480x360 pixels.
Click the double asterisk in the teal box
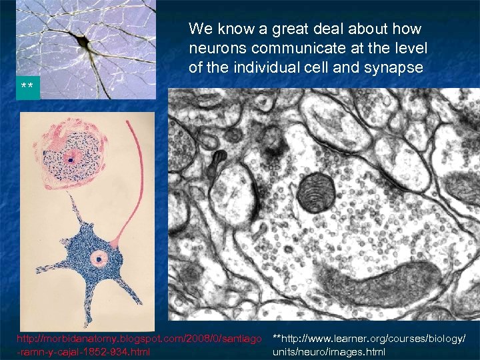click(27, 88)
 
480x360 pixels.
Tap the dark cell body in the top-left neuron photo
click(83, 43)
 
